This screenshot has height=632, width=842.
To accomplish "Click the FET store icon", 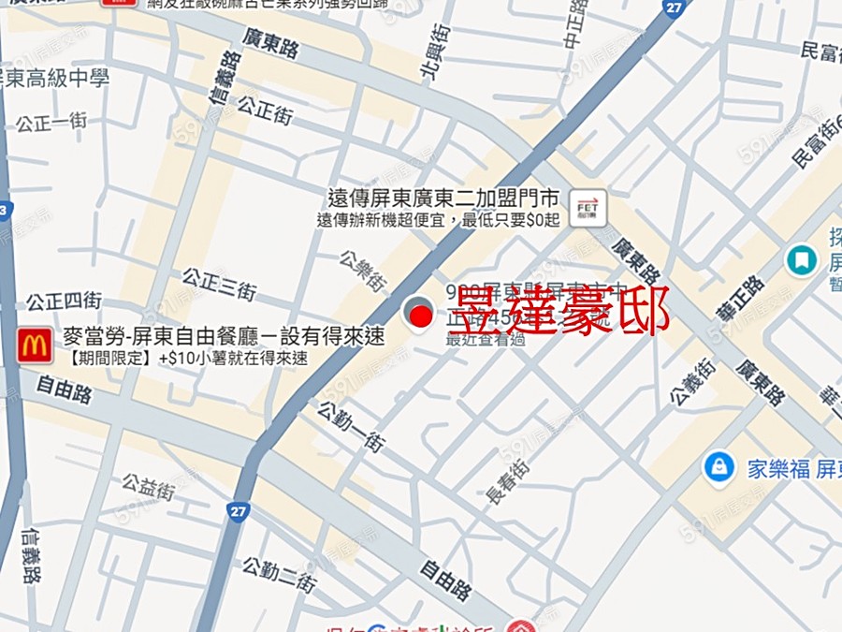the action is click(x=588, y=207).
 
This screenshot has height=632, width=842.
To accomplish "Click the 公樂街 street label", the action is click(x=364, y=270).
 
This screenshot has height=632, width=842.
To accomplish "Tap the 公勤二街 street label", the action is click(x=280, y=572).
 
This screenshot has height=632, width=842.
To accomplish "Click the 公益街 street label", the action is click(x=148, y=486).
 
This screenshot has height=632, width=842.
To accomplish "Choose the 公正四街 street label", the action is click(x=64, y=301).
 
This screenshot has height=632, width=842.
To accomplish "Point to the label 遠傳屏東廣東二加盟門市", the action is click(x=443, y=198).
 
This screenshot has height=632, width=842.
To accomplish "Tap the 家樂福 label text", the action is click(x=778, y=469).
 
